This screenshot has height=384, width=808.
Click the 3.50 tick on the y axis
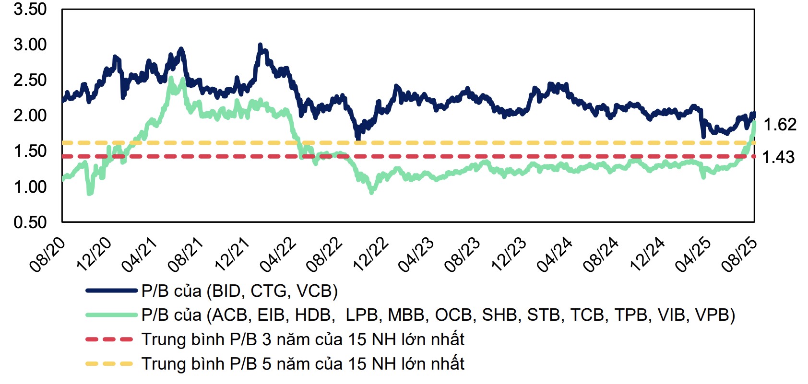tap(30, 9)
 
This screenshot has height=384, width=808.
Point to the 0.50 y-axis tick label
tap(30, 222)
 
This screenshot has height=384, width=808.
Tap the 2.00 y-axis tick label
tap(30, 116)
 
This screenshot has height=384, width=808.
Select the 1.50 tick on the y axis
tap(30, 151)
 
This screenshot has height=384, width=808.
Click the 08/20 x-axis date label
tap(48, 255)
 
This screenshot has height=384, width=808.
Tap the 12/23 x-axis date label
tap(509, 255)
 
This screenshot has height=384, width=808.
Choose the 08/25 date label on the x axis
tap(739, 255)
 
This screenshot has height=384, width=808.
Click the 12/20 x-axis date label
tap(94, 255)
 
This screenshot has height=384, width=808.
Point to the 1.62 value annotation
tap(780, 125)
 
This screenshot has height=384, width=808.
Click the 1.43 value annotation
tap(778, 157)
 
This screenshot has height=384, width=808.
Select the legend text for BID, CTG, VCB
tap(239, 291)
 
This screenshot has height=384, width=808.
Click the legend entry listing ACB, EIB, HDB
tap(438, 315)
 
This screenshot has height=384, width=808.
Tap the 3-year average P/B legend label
tap(303, 339)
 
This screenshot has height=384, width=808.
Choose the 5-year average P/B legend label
tap(303, 364)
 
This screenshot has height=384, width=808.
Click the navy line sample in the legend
tap(111, 291)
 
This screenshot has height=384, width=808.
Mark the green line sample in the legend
tap(111, 315)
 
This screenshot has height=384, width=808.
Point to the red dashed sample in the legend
tap(109, 339)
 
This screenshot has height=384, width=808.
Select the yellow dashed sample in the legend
tap(109, 364)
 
